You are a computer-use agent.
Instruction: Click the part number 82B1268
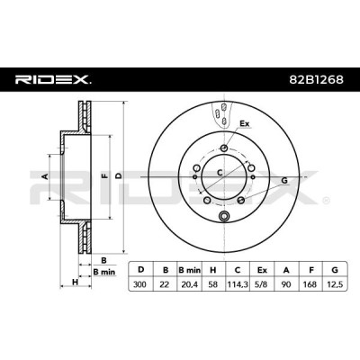point(316,79)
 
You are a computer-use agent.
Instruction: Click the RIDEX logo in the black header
point(53,79)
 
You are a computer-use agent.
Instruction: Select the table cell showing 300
point(140,284)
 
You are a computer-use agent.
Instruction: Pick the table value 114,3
point(238,284)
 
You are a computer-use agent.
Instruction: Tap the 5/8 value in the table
point(262,284)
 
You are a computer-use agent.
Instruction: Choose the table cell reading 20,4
point(189,284)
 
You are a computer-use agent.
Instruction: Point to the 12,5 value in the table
point(335,284)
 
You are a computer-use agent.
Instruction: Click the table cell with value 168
point(310,284)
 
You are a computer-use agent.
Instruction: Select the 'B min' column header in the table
point(189,270)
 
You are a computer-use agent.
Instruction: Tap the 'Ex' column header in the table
point(262,270)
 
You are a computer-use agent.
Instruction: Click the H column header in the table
point(213,270)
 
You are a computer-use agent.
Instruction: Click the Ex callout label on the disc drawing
point(245,123)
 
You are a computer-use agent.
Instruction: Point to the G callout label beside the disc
point(284,181)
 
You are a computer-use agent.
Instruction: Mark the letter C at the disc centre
point(220,173)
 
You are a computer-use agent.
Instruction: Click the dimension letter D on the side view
point(119,176)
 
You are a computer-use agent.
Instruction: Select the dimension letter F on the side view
point(104,176)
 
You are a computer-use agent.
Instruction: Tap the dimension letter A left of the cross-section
point(45,176)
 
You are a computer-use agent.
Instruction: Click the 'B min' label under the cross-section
point(103,272)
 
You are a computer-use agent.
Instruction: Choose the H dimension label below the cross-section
point(75,282)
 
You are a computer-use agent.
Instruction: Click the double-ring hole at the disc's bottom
point(224,215)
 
